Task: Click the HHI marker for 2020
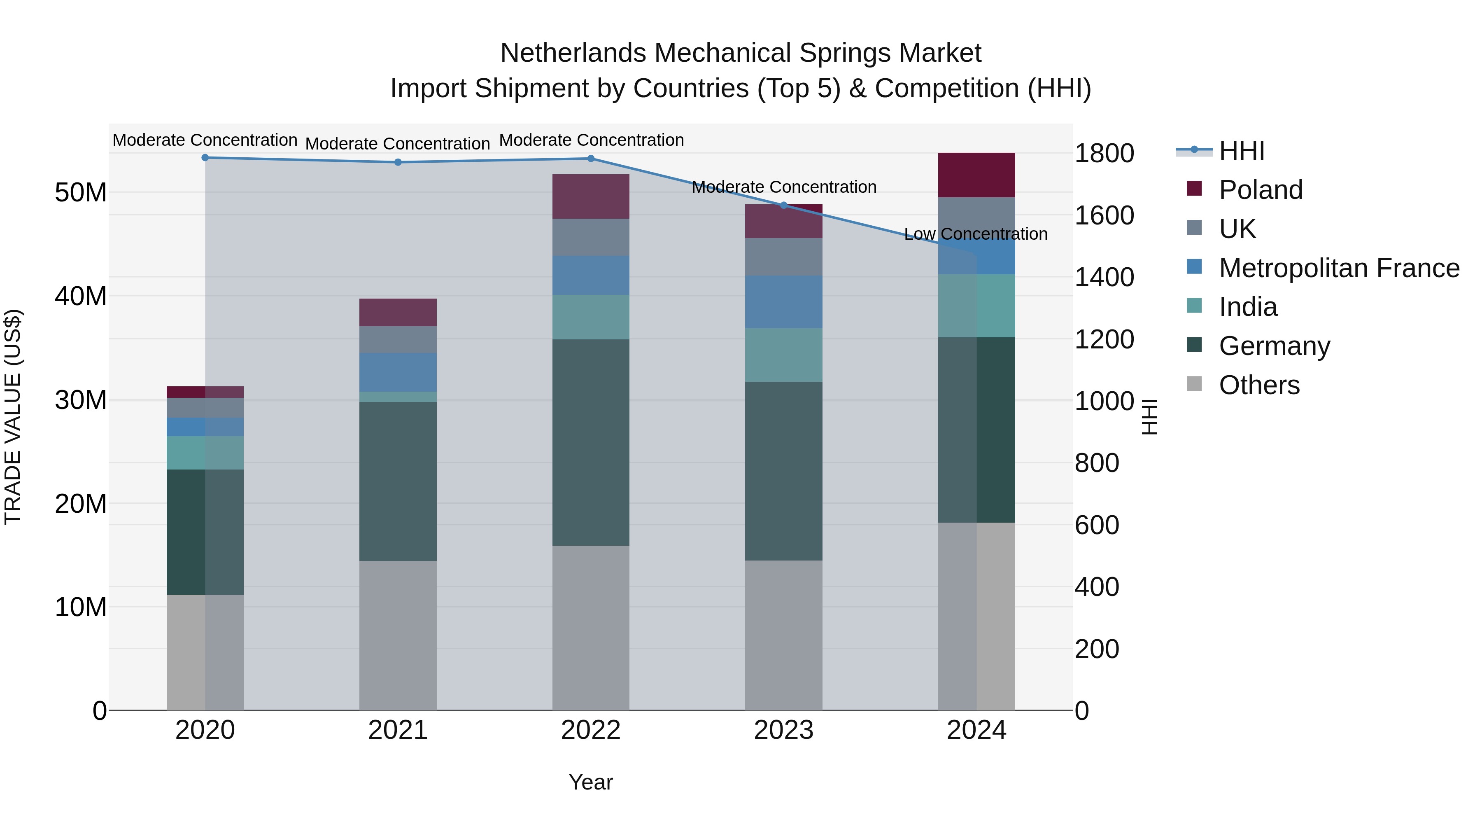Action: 205,158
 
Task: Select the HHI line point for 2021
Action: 398,162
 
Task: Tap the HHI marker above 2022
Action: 590,159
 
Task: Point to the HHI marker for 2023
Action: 783,206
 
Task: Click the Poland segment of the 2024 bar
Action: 976,175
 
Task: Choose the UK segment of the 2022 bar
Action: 590,237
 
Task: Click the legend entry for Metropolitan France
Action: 1338,268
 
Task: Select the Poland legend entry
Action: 1260,190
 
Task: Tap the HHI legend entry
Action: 1241,151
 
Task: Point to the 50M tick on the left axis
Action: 81,192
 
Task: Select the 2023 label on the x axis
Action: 783,730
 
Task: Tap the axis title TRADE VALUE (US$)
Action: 13,417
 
